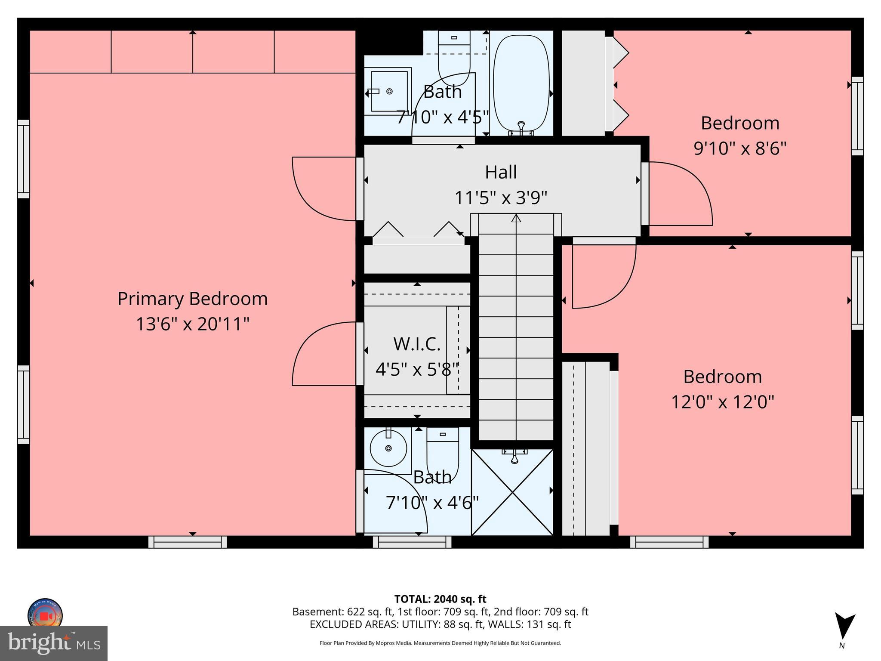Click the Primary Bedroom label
coord(192,299)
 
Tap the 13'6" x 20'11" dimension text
coord(192,324)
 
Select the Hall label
coord(501,172)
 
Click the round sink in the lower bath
coord(388,448)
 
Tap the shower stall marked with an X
coord(512,492)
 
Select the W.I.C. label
coord(416,344)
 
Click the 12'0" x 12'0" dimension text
coord(723,402)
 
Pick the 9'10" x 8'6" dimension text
coord(740,148)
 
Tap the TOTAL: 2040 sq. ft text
coord(440,599)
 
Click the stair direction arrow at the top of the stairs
coord(516,218)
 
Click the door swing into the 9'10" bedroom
coord(680,194)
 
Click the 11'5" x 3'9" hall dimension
coord(501,198)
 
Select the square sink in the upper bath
coord(389,91)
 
